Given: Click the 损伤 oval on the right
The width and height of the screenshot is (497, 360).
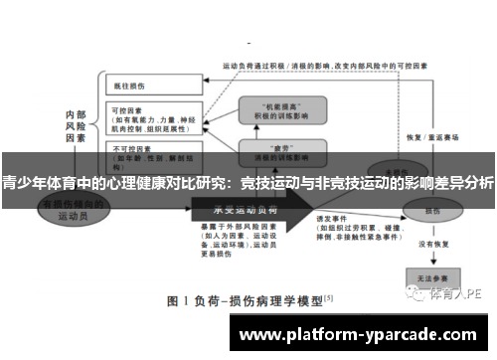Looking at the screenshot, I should pyautogui.click(x=432, y=211).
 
